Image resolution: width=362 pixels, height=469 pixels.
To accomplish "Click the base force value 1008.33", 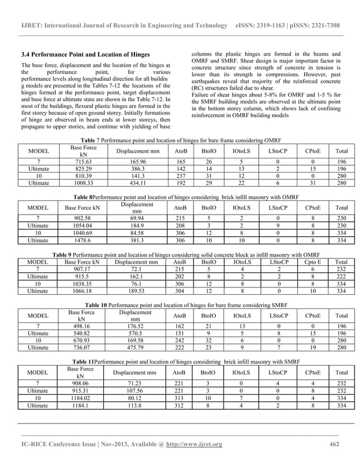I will (x=83, y=185).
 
